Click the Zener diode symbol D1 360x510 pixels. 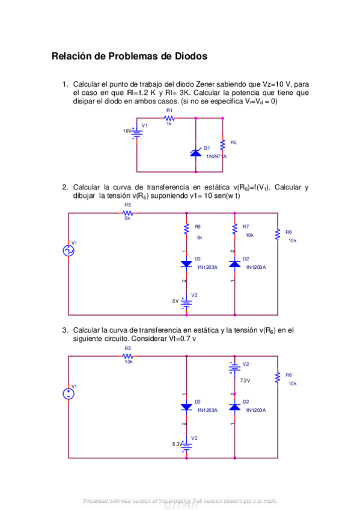click(195, 152)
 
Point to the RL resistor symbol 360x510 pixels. click(223, 144)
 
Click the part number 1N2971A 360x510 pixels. click(216, 156)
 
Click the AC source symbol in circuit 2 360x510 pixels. click(69, 251)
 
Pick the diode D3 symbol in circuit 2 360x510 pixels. click(186, 263)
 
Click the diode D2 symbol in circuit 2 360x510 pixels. click(234, 263)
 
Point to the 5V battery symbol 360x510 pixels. click(186, 301)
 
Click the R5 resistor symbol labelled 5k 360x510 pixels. click(127, 212)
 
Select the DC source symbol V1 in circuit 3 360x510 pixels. click(69, 395)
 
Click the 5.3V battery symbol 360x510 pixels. click(186, 445)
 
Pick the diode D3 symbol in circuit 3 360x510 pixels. click(186, 407)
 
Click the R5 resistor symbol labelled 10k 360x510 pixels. click(127, 355)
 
